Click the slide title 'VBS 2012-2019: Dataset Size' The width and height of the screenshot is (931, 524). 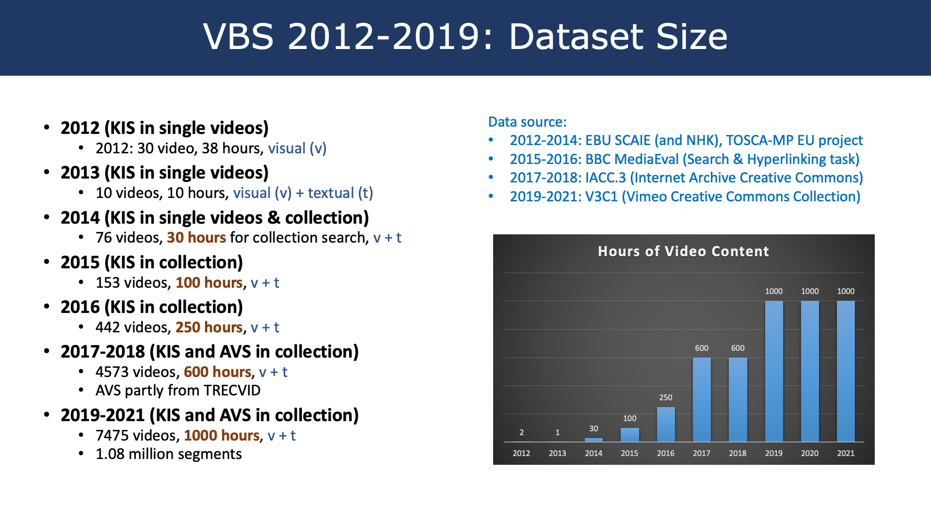(465, 36)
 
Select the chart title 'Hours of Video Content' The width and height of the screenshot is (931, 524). (683, 251)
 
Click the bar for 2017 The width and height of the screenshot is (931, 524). (702, 400)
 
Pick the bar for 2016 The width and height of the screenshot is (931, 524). (666, 425)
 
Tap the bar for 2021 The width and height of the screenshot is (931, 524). (846, 372)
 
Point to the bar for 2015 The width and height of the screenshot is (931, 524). (629, 435)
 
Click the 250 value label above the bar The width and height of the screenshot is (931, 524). (666, 397)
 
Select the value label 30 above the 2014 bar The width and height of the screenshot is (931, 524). (594, 428)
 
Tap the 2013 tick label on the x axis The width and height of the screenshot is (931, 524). (558, 453)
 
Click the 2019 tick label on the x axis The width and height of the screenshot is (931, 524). (774, 453)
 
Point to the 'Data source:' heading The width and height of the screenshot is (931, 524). (527, 122)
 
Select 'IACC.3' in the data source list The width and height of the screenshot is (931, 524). (606, 178)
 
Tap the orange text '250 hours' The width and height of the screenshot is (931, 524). (209, 327)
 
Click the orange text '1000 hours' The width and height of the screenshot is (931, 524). (222, 436)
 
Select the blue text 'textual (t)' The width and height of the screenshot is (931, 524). (340, 193)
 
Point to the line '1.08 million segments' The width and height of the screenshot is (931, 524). (169, 454)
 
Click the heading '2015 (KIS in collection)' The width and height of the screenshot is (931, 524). (152, 262)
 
